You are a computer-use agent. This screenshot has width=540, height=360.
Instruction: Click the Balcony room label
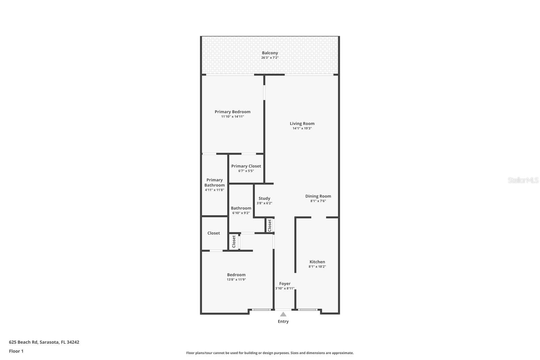[x=270, y=53]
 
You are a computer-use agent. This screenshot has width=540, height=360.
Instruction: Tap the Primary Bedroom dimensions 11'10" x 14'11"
[x=233, y=117]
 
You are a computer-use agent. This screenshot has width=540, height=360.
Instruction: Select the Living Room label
[x=302, y=124]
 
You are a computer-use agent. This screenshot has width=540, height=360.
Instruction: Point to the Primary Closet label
[x=246, y=166]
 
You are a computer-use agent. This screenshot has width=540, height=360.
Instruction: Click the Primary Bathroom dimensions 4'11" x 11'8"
[x=214, y=190]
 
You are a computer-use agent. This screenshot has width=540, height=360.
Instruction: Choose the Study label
[x=264, y=199]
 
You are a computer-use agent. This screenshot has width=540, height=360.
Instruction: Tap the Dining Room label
[x=318, y=196]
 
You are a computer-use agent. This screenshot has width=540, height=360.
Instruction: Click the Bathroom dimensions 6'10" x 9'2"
[x=241, y=213]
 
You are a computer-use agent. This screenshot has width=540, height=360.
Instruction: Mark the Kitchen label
[x=317, y=262]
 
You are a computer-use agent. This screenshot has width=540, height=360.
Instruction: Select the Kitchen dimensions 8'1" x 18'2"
[x=317, y=266]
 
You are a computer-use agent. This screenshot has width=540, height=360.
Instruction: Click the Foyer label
[x=285, y=284]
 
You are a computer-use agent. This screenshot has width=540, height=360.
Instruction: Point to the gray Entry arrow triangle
[x=283, y=314]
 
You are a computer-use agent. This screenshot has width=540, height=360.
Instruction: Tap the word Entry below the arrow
[x=283, y=322]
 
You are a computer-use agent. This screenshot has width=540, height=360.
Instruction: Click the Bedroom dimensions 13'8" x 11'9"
[x=236, y=280]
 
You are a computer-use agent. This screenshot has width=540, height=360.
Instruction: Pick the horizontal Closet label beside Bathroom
[x=214, y=233]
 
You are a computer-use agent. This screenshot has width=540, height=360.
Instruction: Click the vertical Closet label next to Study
[x=270, y=225]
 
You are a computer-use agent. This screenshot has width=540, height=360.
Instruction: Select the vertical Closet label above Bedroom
[x=234, y=241]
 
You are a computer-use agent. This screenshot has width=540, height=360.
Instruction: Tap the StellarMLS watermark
[x=523, y=180]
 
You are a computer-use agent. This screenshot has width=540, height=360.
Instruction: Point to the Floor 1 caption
[x=16, y=351]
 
